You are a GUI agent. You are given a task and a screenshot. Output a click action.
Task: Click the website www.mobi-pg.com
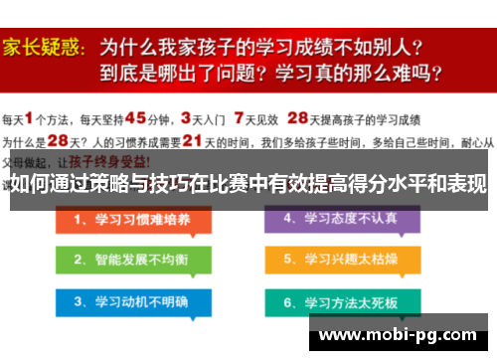coord(403,335)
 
